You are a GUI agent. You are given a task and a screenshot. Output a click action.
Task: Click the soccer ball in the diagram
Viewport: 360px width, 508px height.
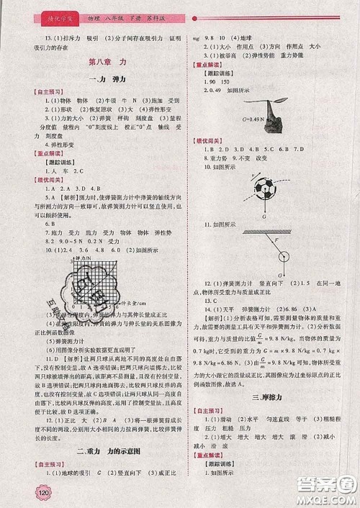264,189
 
